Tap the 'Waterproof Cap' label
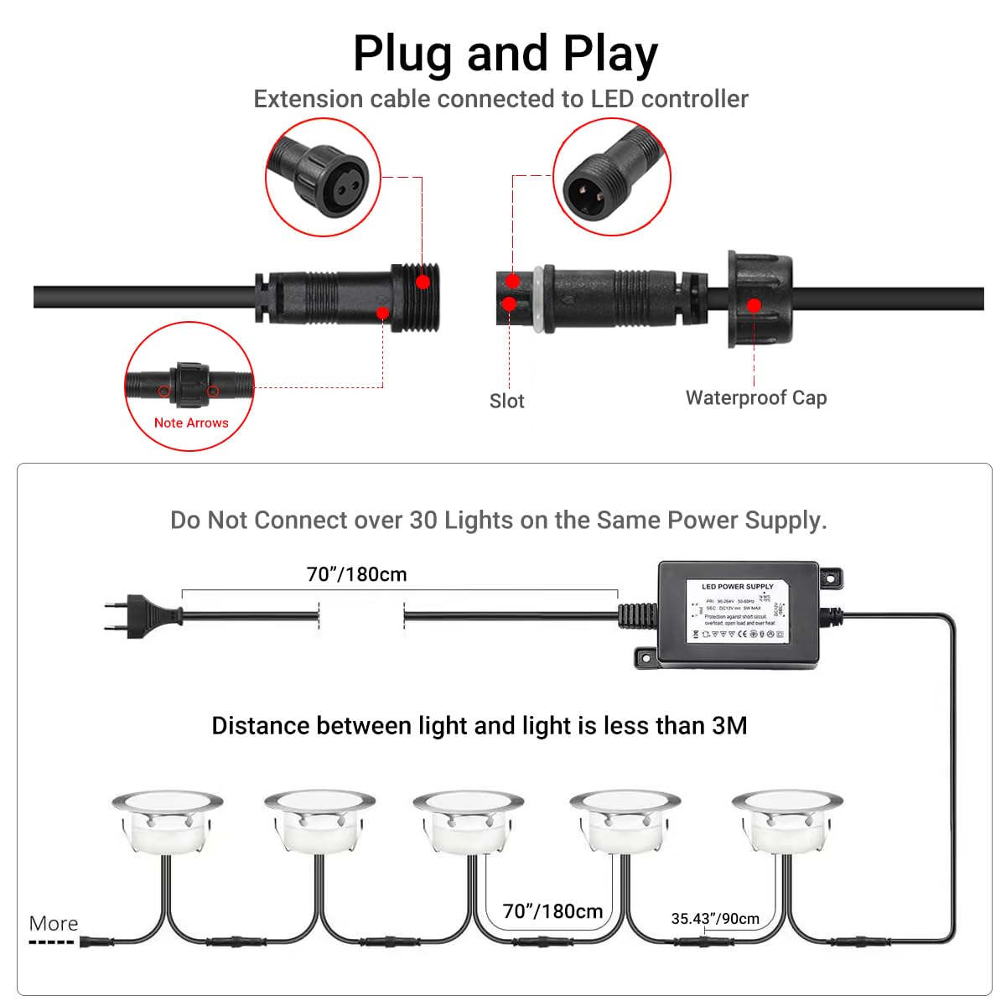point(755,398)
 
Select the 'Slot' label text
point(506,402)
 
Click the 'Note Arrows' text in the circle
point(191,423)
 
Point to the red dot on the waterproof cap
point(754,306)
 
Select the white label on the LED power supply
point(737,612)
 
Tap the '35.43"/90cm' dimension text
point(715,919)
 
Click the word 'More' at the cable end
point(54,924)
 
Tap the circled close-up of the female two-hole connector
point(323,178)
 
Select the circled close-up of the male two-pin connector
point(612,178)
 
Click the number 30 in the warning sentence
point(423,521)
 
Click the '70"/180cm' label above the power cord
point(356,575)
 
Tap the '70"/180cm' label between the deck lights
point(552,911)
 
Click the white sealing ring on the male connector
point(548,299)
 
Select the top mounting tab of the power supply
point(830,578)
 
